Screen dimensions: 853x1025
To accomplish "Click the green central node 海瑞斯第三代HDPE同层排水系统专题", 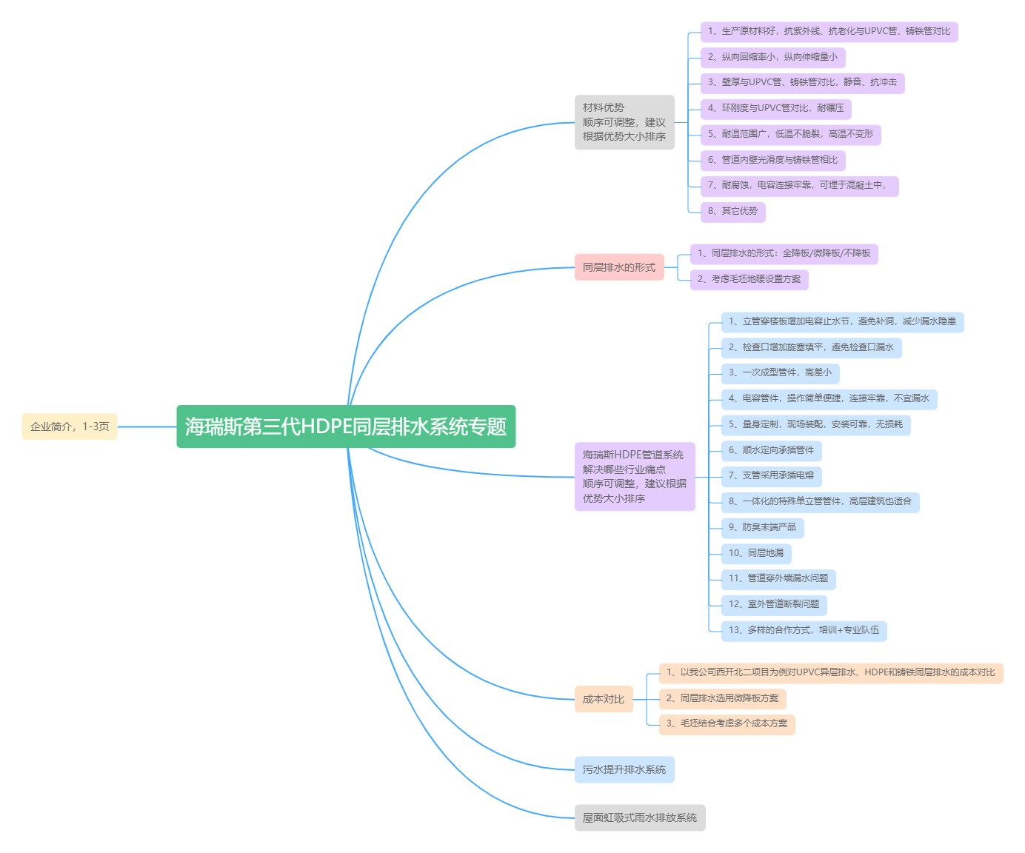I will [346, 426].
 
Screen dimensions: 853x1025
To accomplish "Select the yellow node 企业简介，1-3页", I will [70, 426].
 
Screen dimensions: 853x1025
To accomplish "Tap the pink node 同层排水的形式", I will [619, 267].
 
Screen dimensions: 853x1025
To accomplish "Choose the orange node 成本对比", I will [604, 699].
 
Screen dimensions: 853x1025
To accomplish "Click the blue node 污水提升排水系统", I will [624, 769].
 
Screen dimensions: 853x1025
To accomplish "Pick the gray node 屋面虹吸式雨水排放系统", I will [640, 817].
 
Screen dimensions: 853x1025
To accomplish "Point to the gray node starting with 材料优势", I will [624, 122].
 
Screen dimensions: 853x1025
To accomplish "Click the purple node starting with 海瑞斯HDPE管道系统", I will [635, 477].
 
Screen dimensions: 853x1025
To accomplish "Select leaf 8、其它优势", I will [732, 211].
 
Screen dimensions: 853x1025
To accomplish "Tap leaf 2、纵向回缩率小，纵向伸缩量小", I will [772, 57].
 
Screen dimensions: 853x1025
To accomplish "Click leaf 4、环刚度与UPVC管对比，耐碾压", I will [775, 108].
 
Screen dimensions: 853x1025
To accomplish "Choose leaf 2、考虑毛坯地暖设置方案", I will [749, 279].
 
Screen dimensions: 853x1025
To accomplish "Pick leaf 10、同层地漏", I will [756, 553].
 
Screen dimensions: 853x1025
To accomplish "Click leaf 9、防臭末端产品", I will [762, 527].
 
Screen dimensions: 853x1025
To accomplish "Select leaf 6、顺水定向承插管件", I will [771, 450].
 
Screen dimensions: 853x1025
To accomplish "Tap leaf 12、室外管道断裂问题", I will [774, 604].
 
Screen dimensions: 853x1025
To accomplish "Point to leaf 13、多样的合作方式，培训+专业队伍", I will [804, 630].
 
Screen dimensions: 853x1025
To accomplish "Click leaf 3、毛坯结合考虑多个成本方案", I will [727, 723].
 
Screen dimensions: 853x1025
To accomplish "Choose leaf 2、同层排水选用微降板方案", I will [722, 698].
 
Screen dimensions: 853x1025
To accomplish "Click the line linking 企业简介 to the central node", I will [147, 426].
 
